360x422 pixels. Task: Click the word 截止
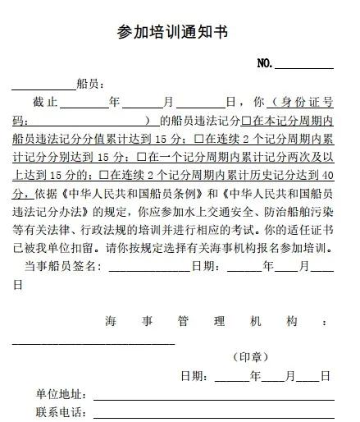45,103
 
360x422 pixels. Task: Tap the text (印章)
251,357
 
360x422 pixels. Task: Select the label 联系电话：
63,411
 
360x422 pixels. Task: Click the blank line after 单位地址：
213,397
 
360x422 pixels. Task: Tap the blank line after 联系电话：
213,415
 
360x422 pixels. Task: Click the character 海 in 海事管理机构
110,320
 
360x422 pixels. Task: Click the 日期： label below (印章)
198,376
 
